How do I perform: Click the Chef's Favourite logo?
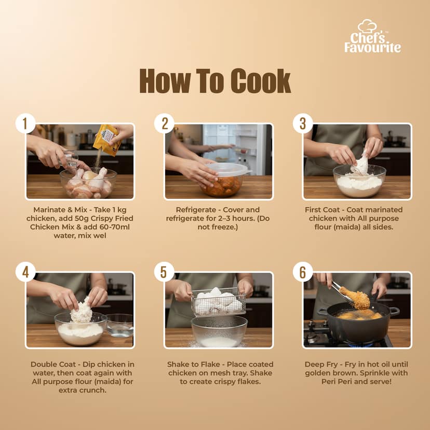point(372,36)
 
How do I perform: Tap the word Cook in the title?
point(260,81)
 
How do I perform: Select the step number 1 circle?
point(25,124)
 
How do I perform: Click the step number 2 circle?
point(164,124)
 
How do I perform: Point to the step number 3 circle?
point(303,124)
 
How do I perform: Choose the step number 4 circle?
point(25,272)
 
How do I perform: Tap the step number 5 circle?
point(164,272)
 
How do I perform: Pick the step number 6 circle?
point(303,272)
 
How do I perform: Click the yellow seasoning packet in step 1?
point(107,140)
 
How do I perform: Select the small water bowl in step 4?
point(119,326)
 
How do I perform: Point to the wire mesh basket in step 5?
point(218,302)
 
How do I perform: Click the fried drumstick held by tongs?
point(355,298)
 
